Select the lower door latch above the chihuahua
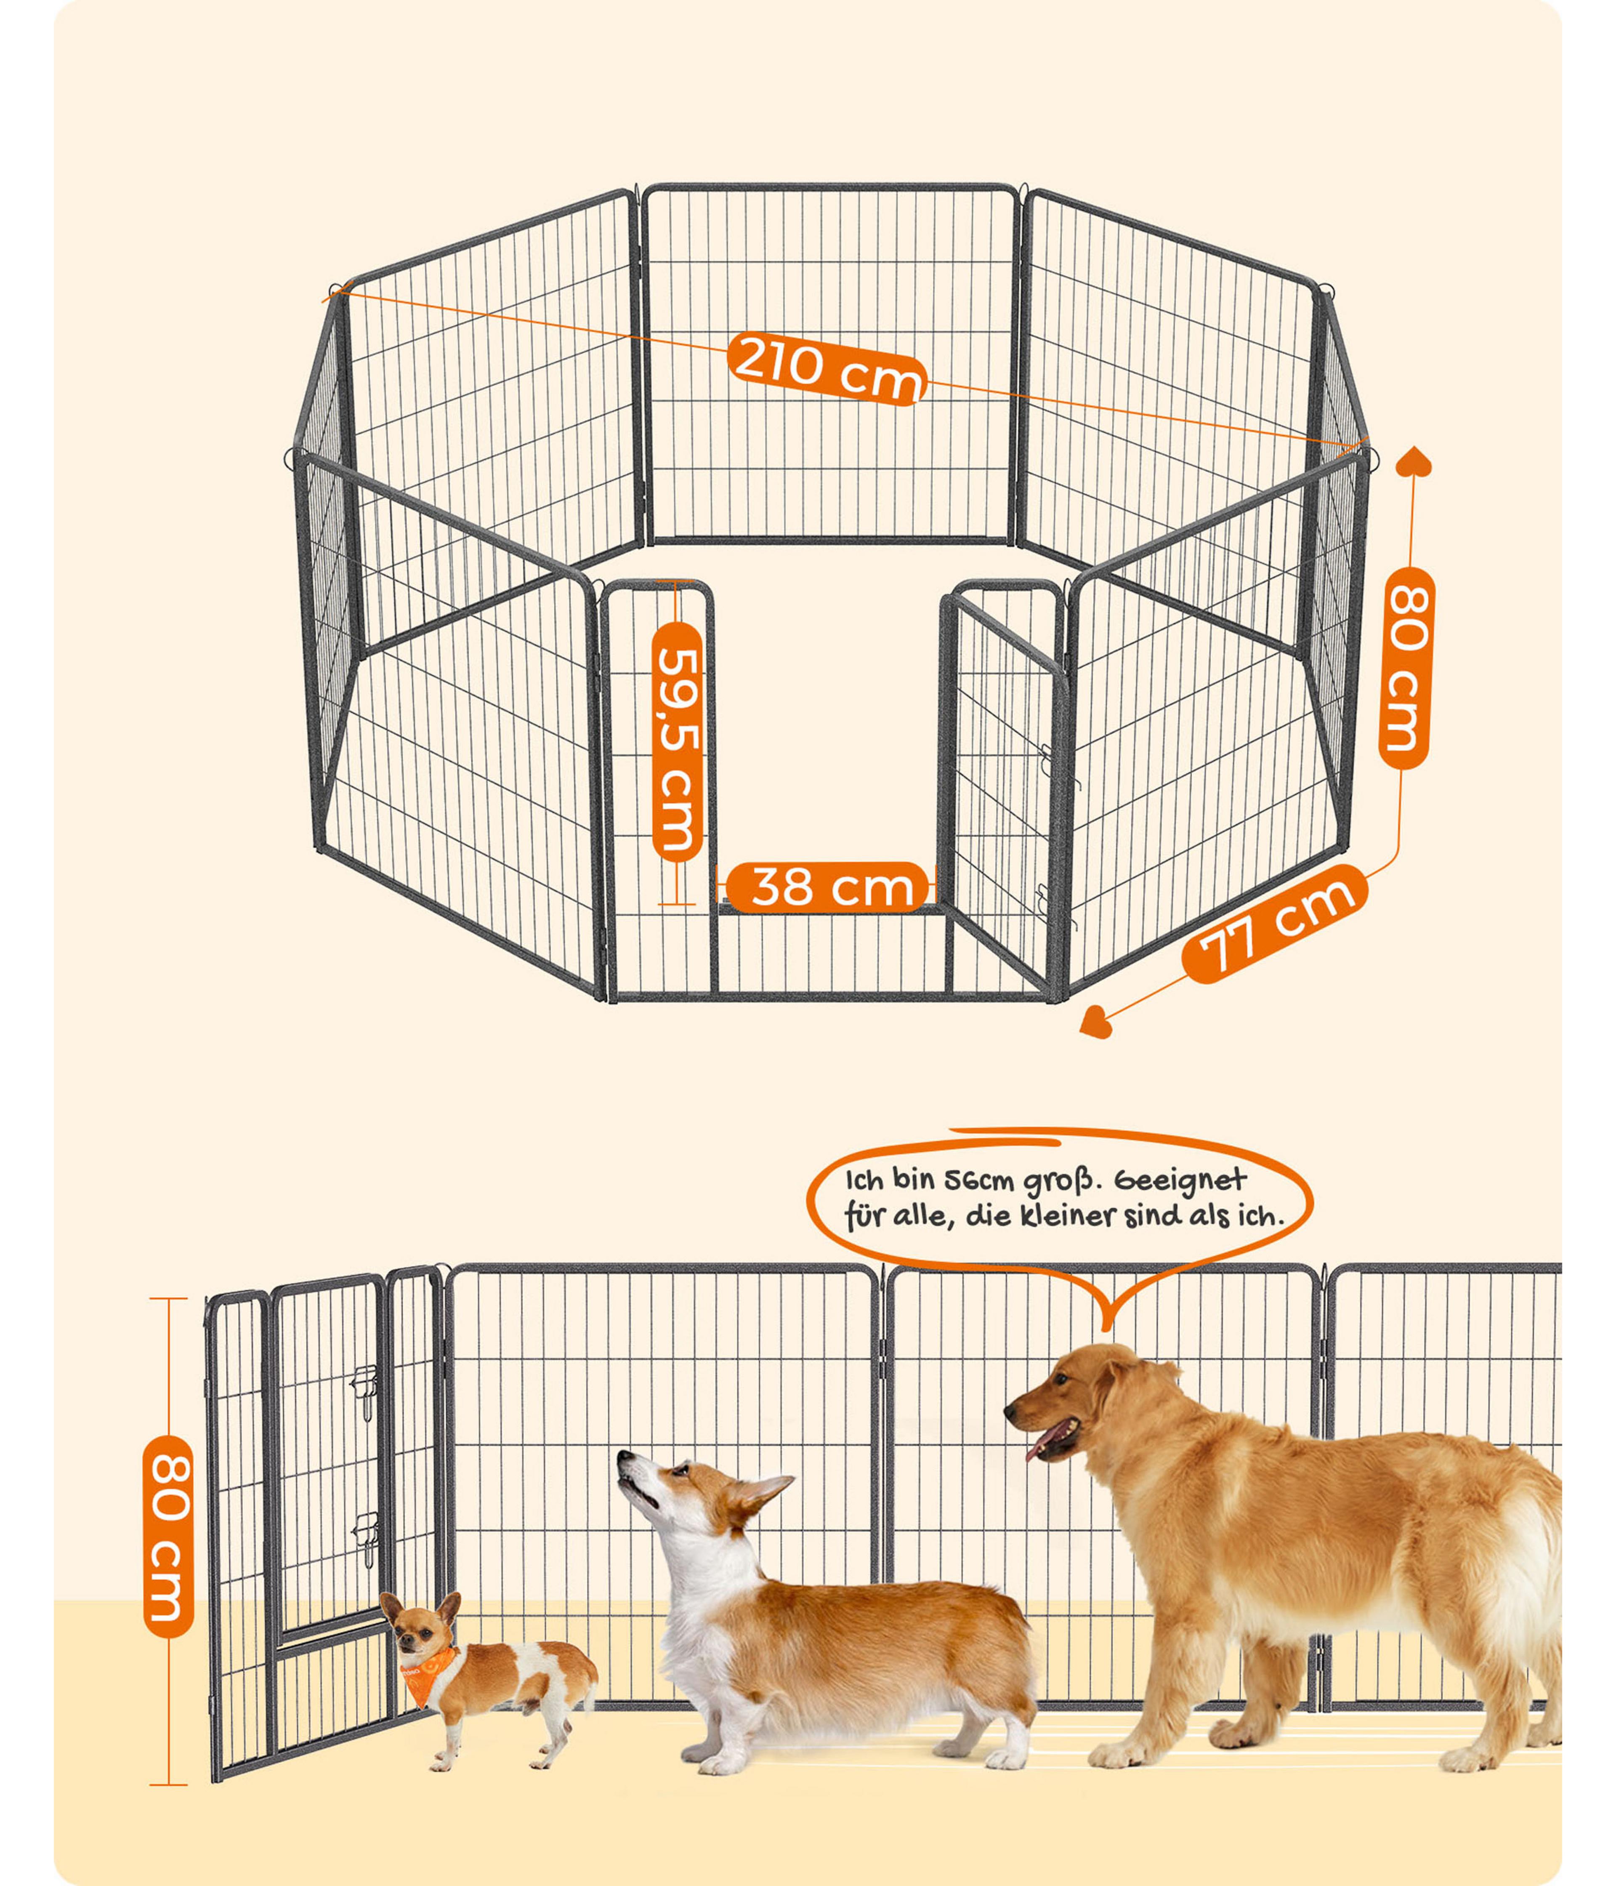click(x=367, y=1539)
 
